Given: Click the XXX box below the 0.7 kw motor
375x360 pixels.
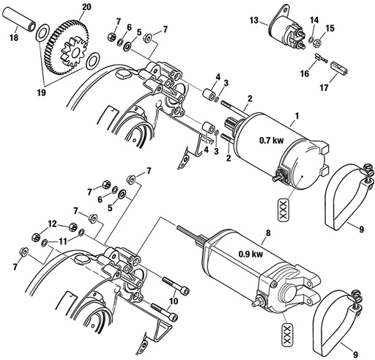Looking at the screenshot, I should coord(280,210).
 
